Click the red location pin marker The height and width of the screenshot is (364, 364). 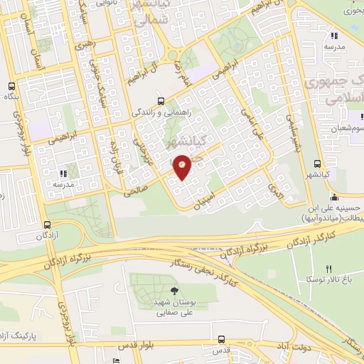click(182, 167)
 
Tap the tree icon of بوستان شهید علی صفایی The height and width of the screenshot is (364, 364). click(176, 290)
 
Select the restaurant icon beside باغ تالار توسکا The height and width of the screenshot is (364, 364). click(328, 269)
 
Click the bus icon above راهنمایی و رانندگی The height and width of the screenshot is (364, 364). click(161, 100)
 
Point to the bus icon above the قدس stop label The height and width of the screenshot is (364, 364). click(222, 340)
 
